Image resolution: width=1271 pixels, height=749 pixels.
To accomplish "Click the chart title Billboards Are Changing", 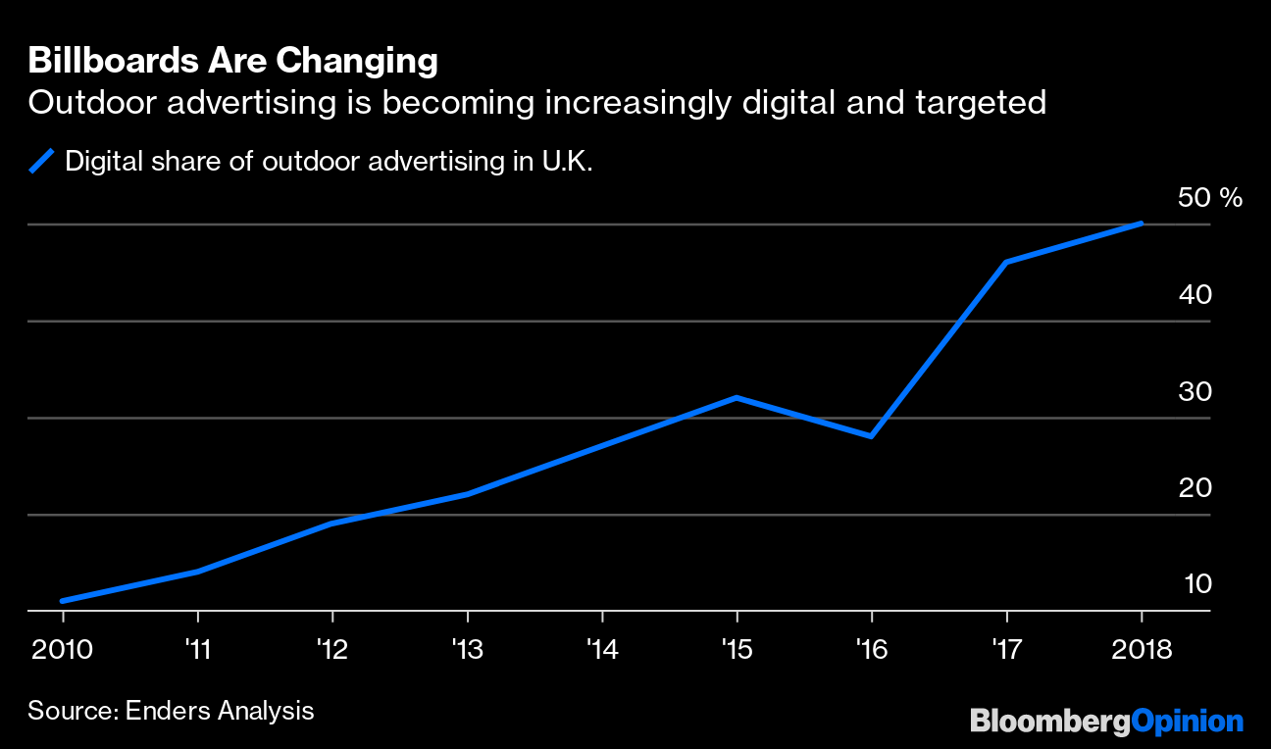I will click(x=232, y=61).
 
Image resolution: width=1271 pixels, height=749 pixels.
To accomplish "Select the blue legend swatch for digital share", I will click(x=42, y=161).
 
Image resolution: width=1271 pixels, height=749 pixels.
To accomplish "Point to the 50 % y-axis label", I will click(x=1209, y=198).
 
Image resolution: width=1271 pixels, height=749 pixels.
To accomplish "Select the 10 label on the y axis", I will click(x=1198, y=583).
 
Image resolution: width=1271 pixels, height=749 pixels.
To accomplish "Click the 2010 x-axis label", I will click(x=63, y=648).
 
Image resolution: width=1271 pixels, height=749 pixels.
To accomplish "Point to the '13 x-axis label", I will click(x=467, y=648).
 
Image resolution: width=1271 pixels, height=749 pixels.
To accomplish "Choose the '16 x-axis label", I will click(x=871, y=648).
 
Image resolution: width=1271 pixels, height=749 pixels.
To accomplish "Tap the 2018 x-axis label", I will click(x=1142, y=648).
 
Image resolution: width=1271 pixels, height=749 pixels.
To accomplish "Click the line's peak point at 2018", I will click(x=1142, y=224).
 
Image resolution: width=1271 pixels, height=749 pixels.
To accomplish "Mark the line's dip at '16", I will click(x=871, y=436).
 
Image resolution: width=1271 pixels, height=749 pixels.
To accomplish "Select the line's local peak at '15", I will click(x=737, y=397).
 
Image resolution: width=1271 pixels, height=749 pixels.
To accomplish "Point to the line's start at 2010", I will click(x=63, y=601).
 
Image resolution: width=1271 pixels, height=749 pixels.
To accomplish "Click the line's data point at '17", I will click(x=1006, y=262).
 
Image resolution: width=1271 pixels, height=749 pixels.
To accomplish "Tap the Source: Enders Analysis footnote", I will click(x=171, y=711).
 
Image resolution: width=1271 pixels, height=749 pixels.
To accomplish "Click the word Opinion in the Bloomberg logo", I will click(x=1187, y=723).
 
